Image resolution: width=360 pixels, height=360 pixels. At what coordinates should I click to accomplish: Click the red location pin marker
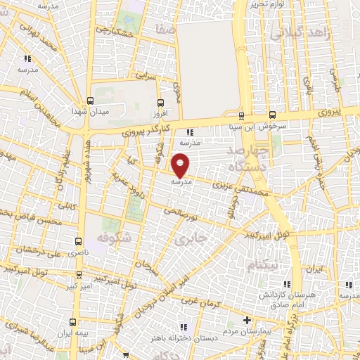point(181,165)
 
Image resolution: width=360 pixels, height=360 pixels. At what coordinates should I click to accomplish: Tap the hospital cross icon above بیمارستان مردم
point(246,321)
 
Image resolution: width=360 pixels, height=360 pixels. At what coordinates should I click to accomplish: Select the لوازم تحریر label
point(268,4)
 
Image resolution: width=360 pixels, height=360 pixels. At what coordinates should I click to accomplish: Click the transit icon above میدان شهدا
point(90,101)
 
